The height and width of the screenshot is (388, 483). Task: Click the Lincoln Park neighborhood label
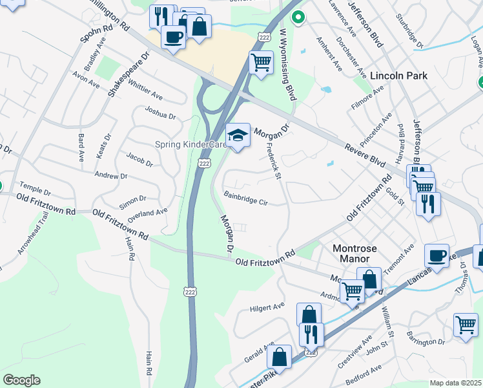[398, 76]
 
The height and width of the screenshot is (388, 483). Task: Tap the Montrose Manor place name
[353, 253]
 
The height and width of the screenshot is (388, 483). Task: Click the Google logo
[21, 380]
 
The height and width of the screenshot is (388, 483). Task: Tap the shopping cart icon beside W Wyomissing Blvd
[260, 63]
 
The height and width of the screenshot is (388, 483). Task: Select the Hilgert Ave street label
[267, 306]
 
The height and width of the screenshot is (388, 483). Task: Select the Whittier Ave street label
[145, 91]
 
